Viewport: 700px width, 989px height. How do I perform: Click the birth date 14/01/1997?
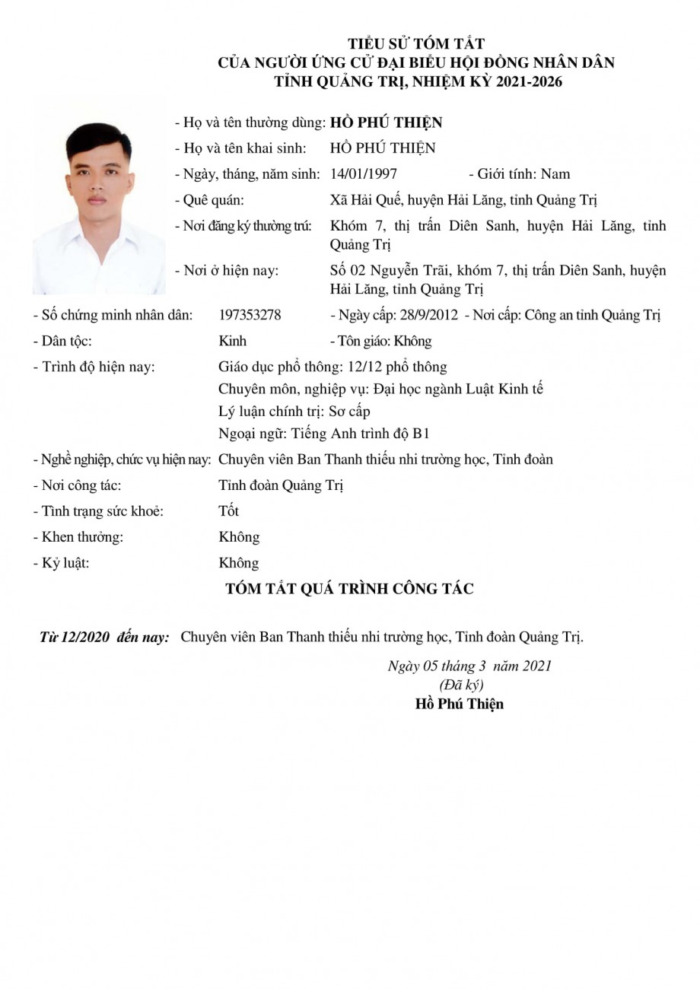tap(364, 174)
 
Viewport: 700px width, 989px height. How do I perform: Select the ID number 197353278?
tap(250, 315)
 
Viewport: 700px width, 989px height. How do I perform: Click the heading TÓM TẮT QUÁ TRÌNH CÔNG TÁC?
tap(349, 589)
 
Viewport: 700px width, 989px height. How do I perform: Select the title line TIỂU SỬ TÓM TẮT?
tap(416, 44)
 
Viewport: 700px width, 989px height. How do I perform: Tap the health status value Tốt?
tap(228, 511)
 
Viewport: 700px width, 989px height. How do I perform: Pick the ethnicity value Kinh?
tap(232, 341)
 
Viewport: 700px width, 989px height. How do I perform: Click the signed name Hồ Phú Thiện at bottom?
tap(460, 704)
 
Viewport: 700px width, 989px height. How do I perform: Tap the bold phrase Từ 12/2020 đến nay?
tap(104, 638)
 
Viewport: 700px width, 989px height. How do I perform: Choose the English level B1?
tap(421, 434)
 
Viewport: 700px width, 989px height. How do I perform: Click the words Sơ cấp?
tap(349, 412)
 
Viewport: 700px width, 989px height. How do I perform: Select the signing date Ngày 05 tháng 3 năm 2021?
tap(469, 666)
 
